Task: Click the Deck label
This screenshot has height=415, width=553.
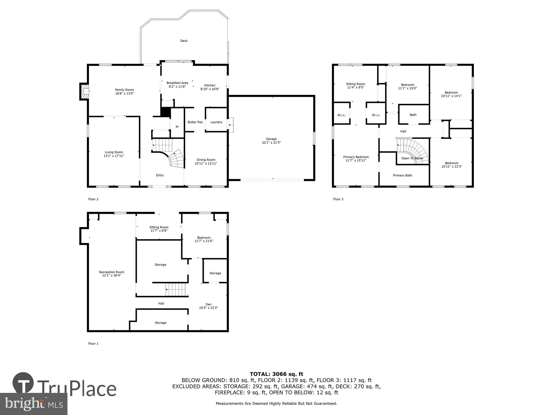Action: click(184, 41)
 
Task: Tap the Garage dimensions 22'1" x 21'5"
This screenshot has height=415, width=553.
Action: click(271, 143)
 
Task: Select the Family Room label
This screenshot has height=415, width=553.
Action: click(124, 90)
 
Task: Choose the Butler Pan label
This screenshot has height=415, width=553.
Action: click(195, 122)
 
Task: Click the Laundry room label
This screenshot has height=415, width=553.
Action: click(216, 122)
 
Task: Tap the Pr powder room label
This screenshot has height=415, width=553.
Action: click(177, 127)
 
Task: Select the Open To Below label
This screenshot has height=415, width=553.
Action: click(412, 158)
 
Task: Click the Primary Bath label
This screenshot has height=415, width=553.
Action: click(402, 175)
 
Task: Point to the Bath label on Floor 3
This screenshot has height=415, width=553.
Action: click(413, 115)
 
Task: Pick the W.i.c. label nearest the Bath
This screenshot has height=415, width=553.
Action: click(376, 115)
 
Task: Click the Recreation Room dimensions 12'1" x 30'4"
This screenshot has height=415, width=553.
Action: click(111, 276)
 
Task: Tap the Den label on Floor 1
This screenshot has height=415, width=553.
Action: click(208, 304)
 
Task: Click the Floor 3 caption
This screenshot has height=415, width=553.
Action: click(338, 199)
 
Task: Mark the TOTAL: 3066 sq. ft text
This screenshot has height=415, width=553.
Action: click(276, 374)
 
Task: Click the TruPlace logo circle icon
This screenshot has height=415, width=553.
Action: click(23, 383)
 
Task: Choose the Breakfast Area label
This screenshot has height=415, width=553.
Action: click(177, 83)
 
